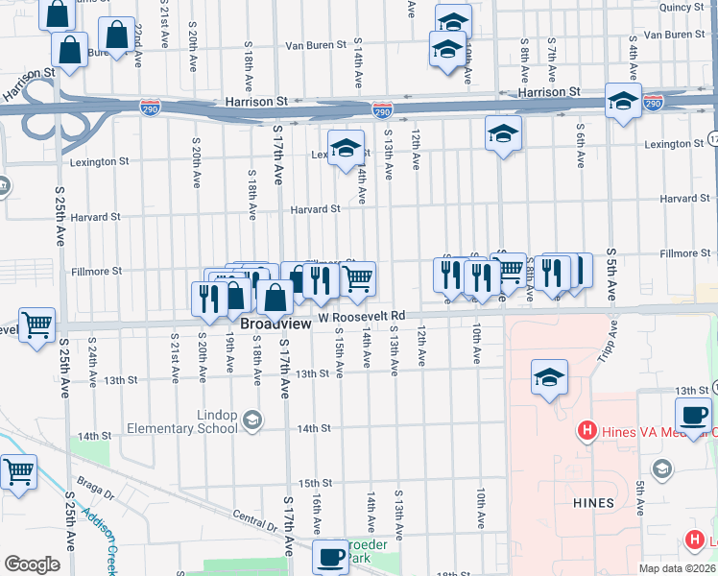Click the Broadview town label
pyautogui.click(x=275, y=324)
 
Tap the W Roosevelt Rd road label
pyautogui.click(x=363, y=316)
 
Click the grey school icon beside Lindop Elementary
pyautogui.click(x=251, y=419)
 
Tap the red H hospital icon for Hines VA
pyautogui.click(x=586, y=431)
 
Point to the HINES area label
pyautogui.click(x=591, y=502)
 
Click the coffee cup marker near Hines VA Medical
pyautogui.click(x=693, y=417)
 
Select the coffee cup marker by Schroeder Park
pyautogui.click(x=331, y=556)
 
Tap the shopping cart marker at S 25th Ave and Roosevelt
pyautogui.click(x=37, y=324)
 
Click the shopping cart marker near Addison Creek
pyautogui.click(x=19, y=472)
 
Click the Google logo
pyautogui.click(x=32, y=564)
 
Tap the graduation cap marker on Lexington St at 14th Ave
pyautogui.click(x=347, y=148)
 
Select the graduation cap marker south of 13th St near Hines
pyautogui.click(x=549, y=377)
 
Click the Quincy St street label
pyautogui.click(x=682, y=7)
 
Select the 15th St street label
pyautogui.click(x=315, y=483)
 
